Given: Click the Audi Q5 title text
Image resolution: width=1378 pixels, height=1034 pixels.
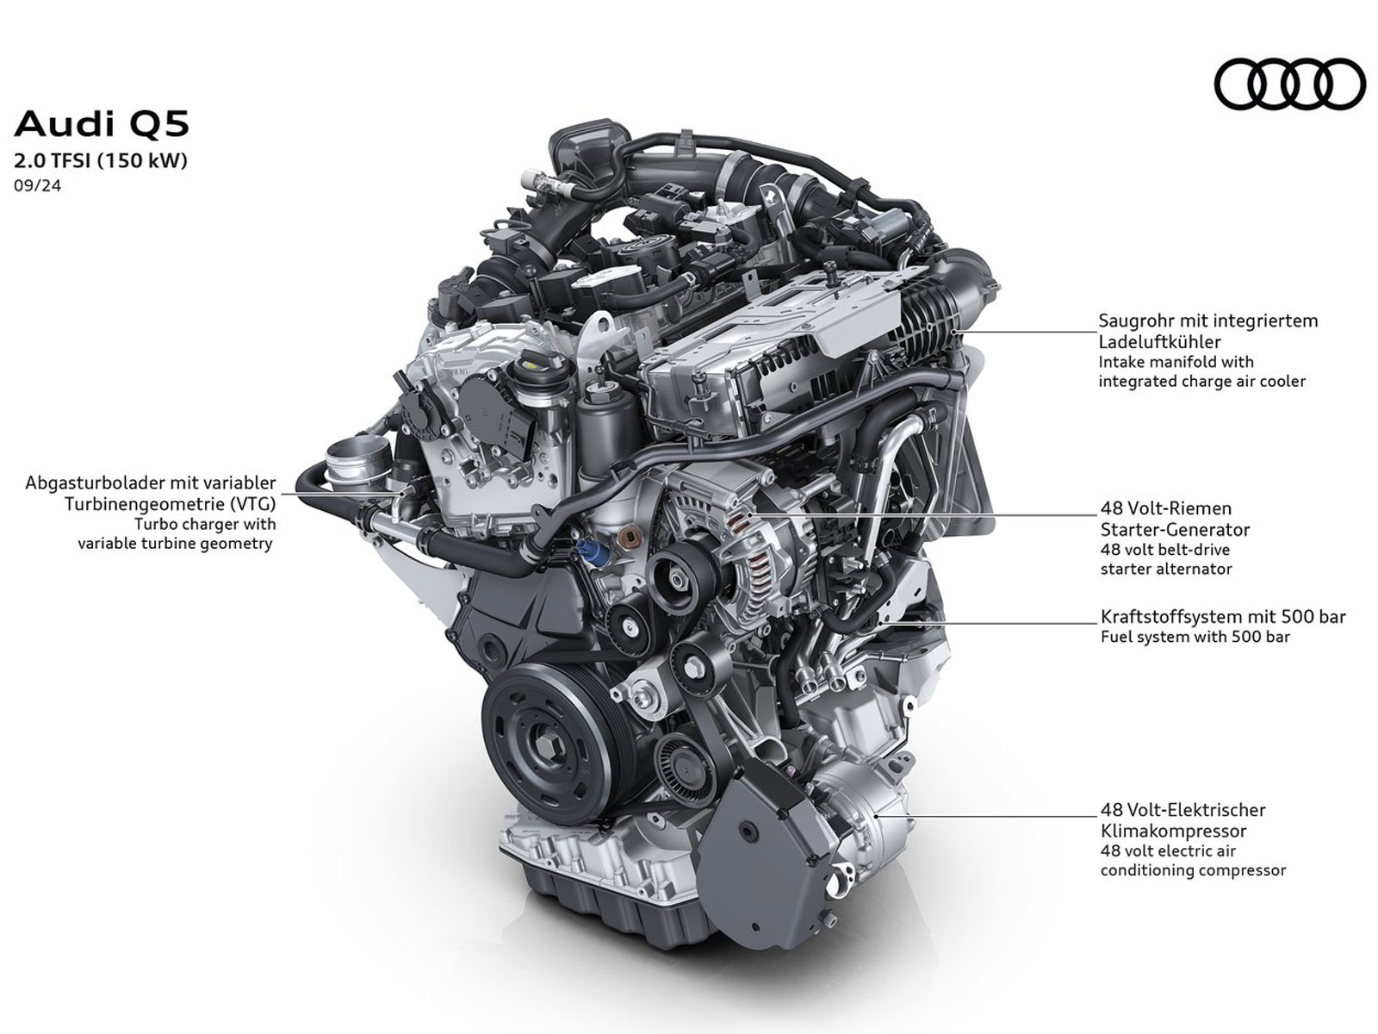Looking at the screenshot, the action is tap(102, 124).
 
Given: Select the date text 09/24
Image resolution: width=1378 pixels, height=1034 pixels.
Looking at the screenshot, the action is tap(38, 186).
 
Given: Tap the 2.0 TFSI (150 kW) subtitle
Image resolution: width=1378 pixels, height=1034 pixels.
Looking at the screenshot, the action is tap(101, 161).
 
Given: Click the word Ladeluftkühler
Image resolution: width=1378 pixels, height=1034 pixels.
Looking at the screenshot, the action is tap(1159, 342).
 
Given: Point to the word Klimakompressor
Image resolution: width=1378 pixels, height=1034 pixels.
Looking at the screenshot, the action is tap(1173, 831).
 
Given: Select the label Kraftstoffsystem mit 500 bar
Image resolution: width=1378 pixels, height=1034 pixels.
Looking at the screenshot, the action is tap(1223, 616).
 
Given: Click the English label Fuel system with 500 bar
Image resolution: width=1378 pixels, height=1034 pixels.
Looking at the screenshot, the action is tap(1195, 637).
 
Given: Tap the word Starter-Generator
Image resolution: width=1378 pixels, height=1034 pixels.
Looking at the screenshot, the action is tap(1175, 529).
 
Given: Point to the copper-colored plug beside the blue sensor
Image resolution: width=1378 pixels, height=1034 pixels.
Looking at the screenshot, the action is tap(628, 537).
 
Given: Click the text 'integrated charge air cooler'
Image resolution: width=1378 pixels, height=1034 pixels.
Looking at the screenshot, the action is tap(1201, 381).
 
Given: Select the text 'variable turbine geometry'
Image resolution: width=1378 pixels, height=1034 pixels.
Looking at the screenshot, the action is tap(175, 543).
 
